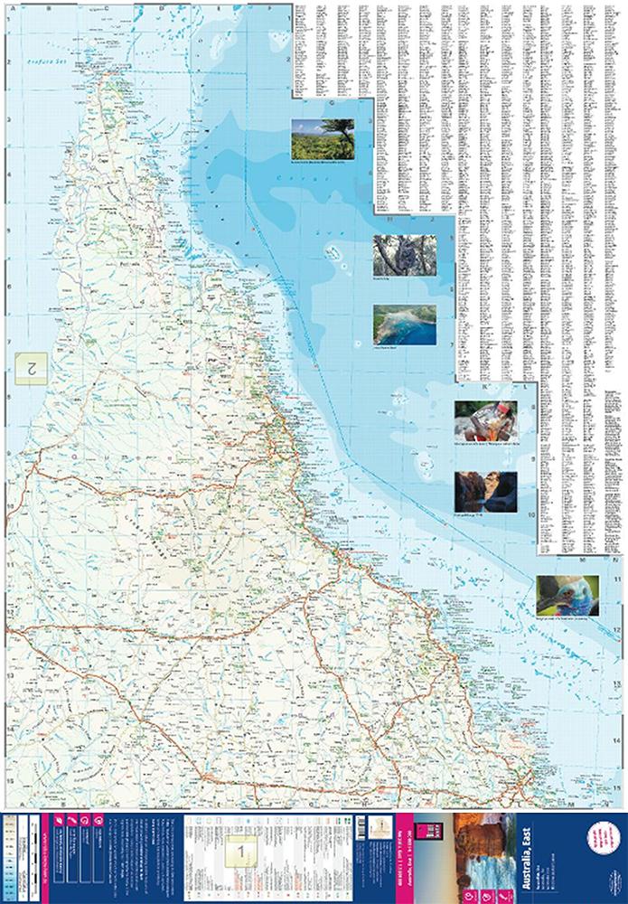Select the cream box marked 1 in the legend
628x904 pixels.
(239, 850)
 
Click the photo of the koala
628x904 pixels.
(404, 255)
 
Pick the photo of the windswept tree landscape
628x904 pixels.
(323, 140)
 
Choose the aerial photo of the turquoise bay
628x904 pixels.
(404, 324)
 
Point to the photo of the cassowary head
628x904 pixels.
(567, 595)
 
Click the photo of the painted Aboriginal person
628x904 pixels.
(485, 422)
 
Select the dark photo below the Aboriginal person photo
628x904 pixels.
(485, 491)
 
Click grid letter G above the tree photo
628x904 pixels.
(332, 102)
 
